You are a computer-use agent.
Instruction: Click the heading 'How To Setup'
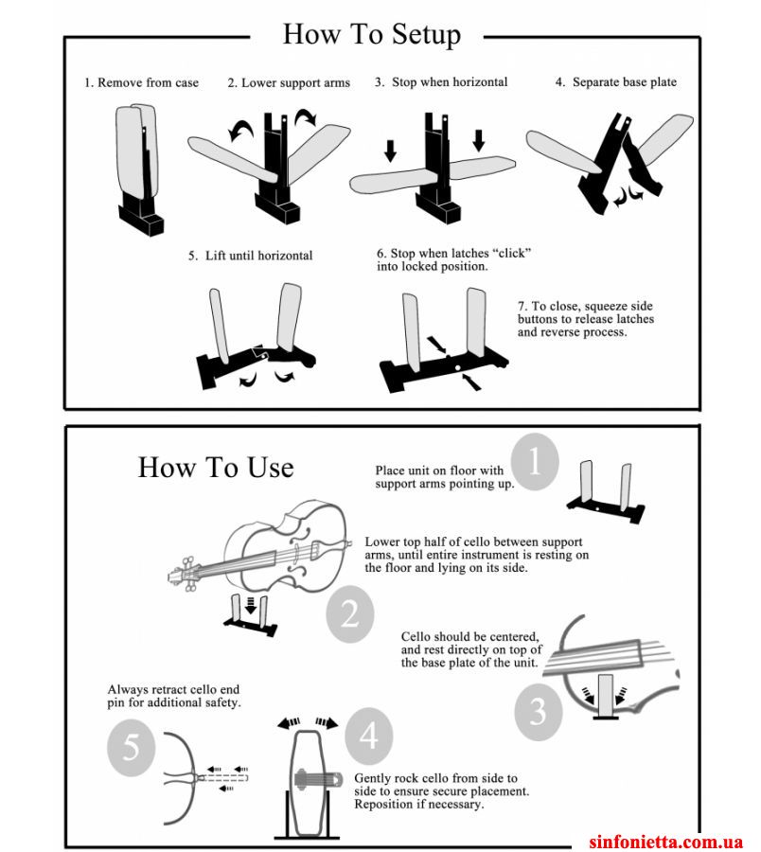point(372,35)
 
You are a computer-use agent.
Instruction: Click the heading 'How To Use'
point(216,468)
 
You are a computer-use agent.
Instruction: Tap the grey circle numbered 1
point(535,462)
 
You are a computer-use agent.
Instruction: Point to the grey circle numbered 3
point(539,712)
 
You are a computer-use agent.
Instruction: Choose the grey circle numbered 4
point(369,737)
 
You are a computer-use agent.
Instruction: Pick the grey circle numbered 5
point(132,748)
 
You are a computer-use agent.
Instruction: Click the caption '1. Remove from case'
point(141,83)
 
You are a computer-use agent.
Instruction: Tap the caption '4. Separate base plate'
point(616,82)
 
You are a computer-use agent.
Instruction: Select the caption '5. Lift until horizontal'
point(251,256)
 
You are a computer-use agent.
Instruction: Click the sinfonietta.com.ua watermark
point(665,842)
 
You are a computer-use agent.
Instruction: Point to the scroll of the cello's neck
point(184,574)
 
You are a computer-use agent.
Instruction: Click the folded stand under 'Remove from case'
point(139,169)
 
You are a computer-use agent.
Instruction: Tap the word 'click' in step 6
point(511,253)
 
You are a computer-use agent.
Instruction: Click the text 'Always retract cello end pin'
point(173,689)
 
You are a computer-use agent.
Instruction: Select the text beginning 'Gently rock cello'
point(441,791)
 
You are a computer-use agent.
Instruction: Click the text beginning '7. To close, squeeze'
point(586,319)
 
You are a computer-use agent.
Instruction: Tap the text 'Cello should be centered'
point(470,636)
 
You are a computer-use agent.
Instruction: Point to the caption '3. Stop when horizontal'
point(441,82)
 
